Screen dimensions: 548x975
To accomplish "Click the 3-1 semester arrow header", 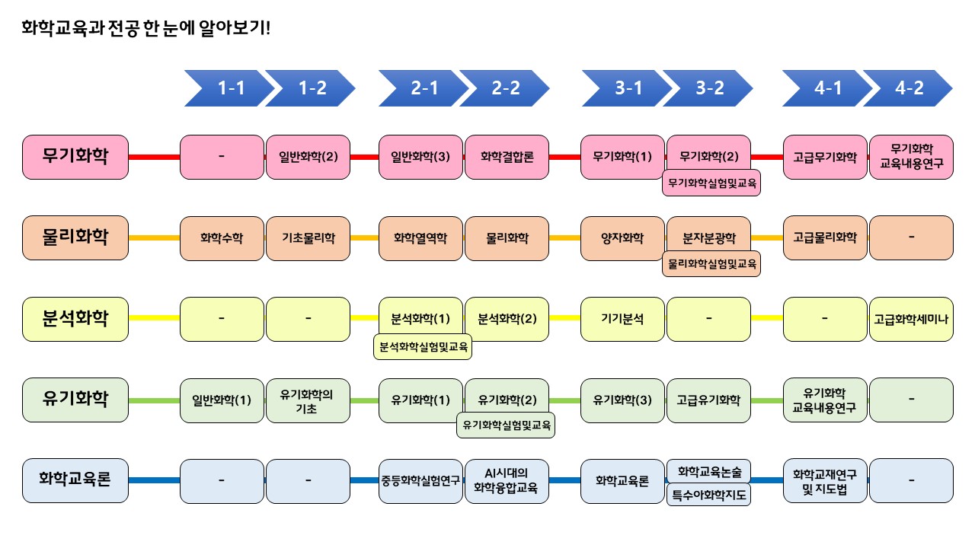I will click(x=626, y=88).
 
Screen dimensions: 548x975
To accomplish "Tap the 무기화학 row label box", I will click(x=75, y=158).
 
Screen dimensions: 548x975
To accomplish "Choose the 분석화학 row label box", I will click(x=75, y=318).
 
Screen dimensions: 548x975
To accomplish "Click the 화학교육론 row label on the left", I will click(x=75, y=479).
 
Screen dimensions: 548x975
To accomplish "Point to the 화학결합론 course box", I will click(x=507, y=158).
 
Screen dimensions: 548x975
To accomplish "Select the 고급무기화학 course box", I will click(x=825, y=158).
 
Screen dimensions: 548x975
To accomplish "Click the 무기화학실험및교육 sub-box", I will click(x=711, y=183).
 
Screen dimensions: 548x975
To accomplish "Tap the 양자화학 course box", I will click(x=622, y=237).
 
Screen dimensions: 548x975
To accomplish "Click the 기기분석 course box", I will click(x=622, y=318).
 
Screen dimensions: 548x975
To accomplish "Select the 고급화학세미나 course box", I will click(x=911, y=318).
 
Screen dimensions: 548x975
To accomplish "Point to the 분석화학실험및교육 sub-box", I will click(x=424, y=348).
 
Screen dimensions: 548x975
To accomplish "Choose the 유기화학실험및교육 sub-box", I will click(x=505, y=425).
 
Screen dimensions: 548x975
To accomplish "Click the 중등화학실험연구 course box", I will click(x=420, y=480).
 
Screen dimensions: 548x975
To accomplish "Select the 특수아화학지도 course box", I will click(x=708, y=496).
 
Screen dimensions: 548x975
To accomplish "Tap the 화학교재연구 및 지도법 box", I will click(x=825, y=480).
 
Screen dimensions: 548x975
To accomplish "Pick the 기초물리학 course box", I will click(x=307, y=237).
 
